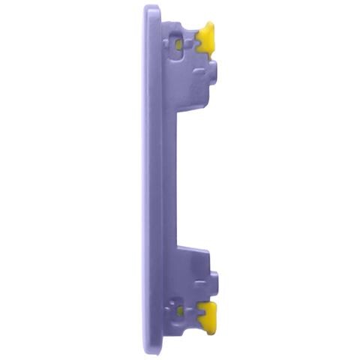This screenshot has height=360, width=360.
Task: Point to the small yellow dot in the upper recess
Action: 178,44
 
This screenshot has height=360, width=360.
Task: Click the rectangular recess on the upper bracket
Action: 178,44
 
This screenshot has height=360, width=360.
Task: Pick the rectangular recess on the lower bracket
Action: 178,308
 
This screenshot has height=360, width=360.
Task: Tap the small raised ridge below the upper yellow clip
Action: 200,73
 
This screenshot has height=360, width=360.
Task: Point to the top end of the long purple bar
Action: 152,10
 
